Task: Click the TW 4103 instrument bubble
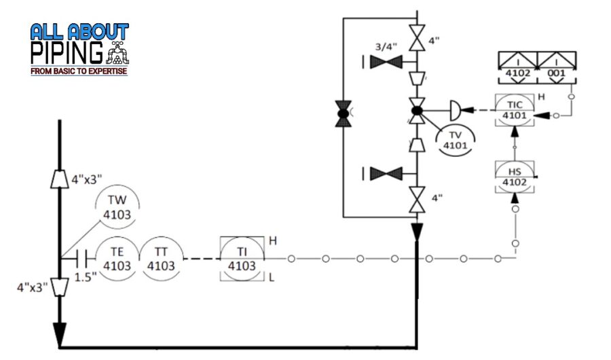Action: tap(117, 206)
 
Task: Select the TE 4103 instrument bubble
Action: tap(117, 259)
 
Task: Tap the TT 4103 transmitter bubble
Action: tap(161, 259)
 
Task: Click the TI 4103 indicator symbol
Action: tap(242, 259)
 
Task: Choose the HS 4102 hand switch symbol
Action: tap(514, 176)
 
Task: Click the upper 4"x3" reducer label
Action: tap(86, 179)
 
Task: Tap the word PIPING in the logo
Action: tap(67, 52)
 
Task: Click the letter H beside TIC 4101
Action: tap(541, 97)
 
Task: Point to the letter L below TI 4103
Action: tap(272, 278)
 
